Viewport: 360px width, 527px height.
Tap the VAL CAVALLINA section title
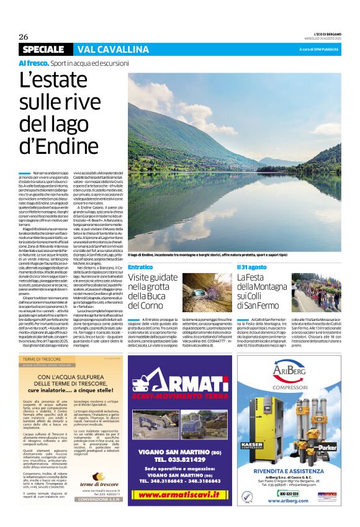pos(114,49)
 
